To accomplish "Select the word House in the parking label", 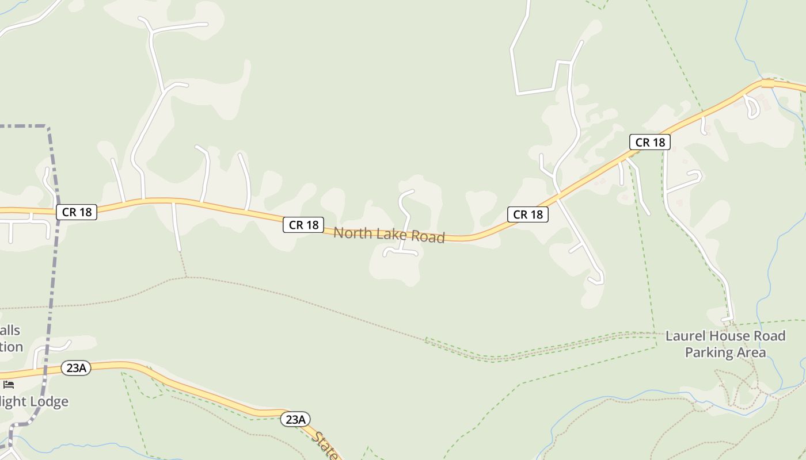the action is [728, 336].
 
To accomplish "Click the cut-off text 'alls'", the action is [10, 331].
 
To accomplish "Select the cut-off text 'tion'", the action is [11, 347].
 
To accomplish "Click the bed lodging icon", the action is [8, 385].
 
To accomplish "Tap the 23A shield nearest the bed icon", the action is [76, 368].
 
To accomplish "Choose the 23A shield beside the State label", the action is [295, 419].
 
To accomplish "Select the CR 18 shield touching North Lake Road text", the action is [303, 225].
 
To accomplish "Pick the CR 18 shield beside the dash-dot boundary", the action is [77, 212].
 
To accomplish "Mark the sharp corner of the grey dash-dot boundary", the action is [48, 126].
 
